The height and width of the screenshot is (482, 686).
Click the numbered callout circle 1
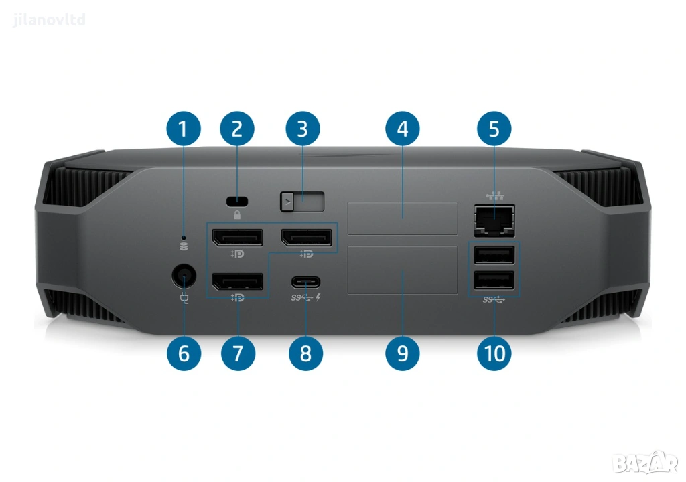[x=184, y=129]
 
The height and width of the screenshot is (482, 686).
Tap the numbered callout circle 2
[x=236, y=129]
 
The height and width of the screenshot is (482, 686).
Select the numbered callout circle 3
[x=302, y=129]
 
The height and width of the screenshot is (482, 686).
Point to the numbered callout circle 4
[x=403, y=129]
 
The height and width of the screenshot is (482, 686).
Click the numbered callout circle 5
[x=494, y=129]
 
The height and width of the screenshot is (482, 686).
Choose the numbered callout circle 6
[x=184, y=353]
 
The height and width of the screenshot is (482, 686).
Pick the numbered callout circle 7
[x=238, y=353]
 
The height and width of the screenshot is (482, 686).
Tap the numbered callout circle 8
[x=305, y=353]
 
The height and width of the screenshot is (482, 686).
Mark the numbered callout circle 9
[x=403, y=353]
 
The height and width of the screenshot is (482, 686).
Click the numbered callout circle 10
[x=494, y=353]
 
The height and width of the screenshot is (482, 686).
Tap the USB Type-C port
[x=305, y=283]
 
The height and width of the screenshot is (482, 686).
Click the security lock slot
[x=237, y=202]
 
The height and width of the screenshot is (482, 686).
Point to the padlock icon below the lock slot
[x=237, y=214]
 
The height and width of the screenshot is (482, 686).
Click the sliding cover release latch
[x=302, y=202]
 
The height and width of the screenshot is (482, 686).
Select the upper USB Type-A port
[x=494, y=256]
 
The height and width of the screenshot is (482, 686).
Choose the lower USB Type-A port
[x=494, y=280]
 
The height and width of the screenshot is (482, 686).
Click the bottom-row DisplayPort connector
[x=238, y=282]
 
